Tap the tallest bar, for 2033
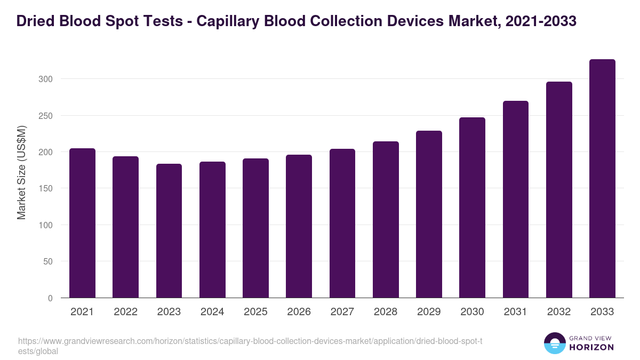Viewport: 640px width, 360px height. tap(602, 179)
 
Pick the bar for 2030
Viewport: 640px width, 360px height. tap(472, 207)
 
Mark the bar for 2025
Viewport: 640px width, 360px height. tap(255, 228)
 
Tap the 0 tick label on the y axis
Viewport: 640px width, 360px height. tap(50, 298)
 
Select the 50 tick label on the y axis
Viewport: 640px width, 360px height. tap(48, 261)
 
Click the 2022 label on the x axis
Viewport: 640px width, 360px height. tap(125, 312)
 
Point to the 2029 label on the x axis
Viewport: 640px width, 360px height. tap(429, 312)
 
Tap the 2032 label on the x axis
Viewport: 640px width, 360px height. tap(559, 312)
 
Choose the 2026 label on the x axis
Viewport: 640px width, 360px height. tap(299, 312)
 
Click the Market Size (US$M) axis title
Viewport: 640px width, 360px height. tap(21, 172)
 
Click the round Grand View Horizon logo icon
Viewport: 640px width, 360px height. tap(554, 343)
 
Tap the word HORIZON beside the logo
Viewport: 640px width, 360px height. tap(591, 347)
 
